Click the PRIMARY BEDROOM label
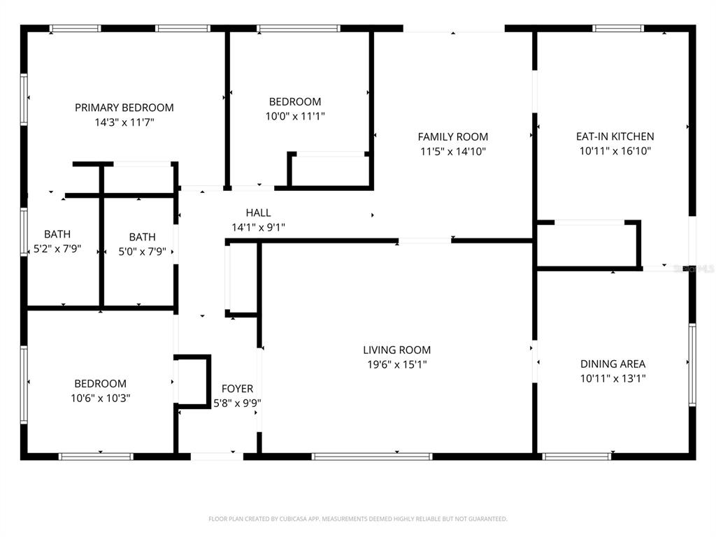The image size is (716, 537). [124, 108]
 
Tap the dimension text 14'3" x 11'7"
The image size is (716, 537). [124, 122]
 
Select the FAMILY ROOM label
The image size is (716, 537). [453, 137]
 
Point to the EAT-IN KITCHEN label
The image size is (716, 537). [615, 136]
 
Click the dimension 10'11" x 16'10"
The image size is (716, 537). [615, 151]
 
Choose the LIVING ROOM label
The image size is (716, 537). [397, 350]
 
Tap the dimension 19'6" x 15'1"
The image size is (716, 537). [397, 365]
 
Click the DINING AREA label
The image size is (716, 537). [613, 364]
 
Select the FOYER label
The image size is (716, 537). [237, 389]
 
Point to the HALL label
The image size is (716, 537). [258, 213]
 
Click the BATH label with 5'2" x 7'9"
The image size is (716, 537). [57, 234]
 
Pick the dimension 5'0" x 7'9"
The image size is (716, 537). [142, 252]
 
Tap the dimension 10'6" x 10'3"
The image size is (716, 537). [101, 398]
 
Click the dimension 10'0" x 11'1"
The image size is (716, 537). [295, 116]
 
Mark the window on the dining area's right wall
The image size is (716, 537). [692, 365]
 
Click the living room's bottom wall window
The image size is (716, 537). [372, 456]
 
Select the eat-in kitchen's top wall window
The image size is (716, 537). [618, 28]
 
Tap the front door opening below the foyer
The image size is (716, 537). [217, 456]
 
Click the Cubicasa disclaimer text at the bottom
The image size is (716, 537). [358, 519]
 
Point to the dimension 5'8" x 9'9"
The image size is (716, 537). [237, 403]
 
